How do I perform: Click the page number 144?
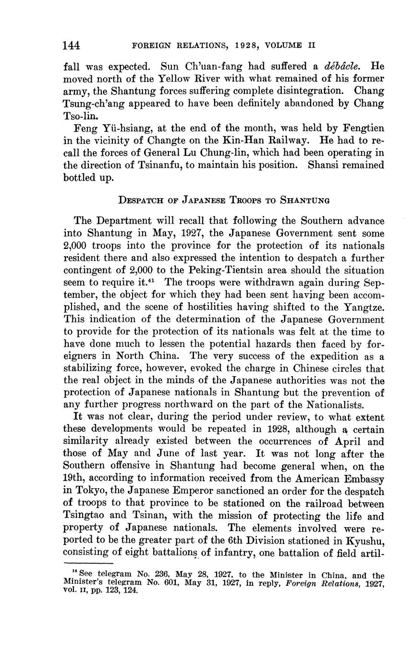[72, 45]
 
